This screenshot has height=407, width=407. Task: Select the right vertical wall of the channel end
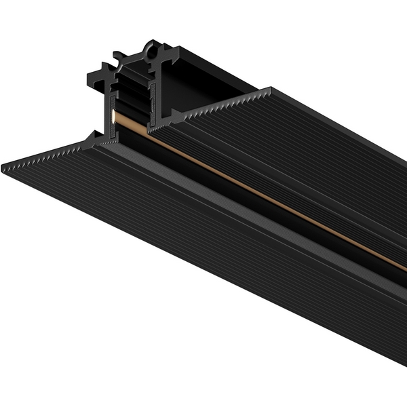[157, 95]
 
